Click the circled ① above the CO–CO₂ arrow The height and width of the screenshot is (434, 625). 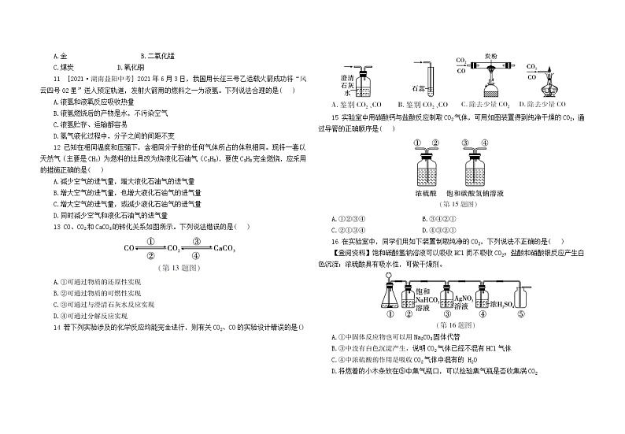(149, 240)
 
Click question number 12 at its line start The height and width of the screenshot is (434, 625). (57, 147)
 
